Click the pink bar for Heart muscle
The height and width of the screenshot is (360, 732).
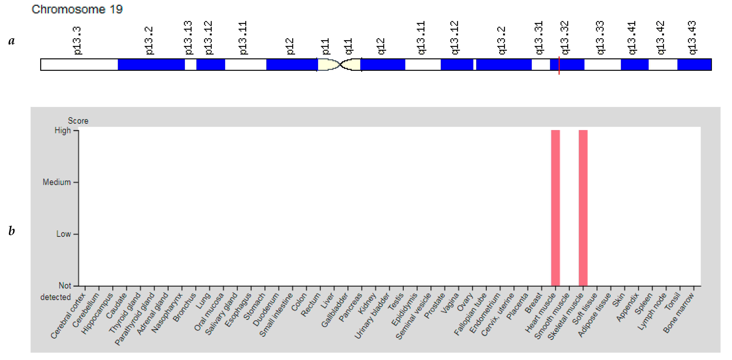[x=555, y=207]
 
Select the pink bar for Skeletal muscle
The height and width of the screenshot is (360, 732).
[x=583, y=207]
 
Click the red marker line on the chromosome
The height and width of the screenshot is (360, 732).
[x=559, y=65]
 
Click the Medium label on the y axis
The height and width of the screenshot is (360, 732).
[x=57, y=182]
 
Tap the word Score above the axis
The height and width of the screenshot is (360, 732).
[x=78, y=121]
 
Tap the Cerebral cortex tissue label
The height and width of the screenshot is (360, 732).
[x=68, y=315]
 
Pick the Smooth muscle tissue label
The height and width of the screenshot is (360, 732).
[x=552, y=316]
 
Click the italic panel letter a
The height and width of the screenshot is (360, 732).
[x=11, y=41]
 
